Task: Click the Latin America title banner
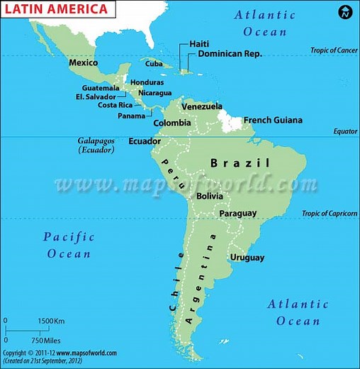click(57, 9)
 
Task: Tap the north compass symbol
click(345, 11)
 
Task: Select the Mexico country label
click(83, 63)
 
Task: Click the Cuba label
click(154, 64)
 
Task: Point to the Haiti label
click(199, 44)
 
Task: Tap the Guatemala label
click(101, 88)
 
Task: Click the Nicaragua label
click(155, 93)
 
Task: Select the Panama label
click(131, 116)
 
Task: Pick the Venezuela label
click(202, 106)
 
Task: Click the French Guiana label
click(273, 121)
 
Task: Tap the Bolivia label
click(210, 196)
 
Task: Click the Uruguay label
click(247, 258)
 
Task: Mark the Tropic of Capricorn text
click(330, 214)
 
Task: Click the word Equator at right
click(345, 132)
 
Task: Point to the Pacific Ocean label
click(69, 245)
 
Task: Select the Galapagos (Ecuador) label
click(96, 145)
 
